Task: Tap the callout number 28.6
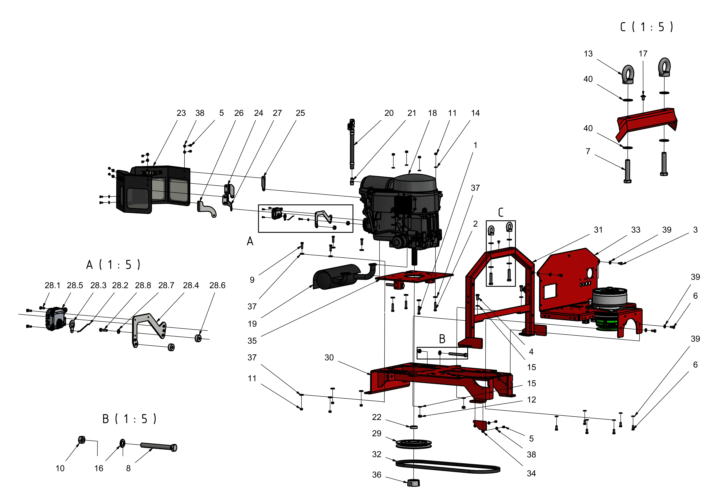217,285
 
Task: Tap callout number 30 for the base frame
329,358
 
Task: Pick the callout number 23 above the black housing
181,113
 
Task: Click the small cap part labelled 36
413,483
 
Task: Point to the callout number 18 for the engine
432,113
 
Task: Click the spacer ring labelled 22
414,427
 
